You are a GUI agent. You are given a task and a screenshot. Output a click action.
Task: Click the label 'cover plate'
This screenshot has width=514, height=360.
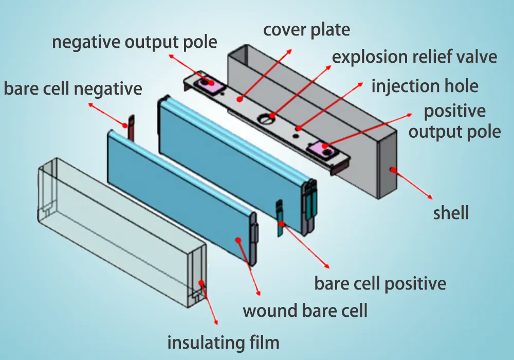306,29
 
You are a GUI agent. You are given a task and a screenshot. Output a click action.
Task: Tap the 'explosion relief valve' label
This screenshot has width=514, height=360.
414,57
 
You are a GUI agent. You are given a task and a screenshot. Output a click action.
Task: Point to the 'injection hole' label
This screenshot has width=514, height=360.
425,86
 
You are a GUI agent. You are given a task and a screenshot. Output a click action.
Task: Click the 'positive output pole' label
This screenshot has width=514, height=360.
454,121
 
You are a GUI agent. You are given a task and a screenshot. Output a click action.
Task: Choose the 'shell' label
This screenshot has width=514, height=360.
451,212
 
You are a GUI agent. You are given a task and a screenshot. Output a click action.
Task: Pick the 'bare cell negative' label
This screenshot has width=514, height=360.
73,88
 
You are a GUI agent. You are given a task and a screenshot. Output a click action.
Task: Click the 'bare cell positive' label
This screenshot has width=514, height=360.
380,283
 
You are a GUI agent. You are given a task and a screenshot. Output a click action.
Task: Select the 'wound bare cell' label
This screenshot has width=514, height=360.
305,311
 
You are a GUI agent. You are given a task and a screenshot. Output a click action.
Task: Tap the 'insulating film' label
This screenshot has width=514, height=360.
224,341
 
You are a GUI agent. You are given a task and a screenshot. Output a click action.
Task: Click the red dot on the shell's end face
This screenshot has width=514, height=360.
392,168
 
